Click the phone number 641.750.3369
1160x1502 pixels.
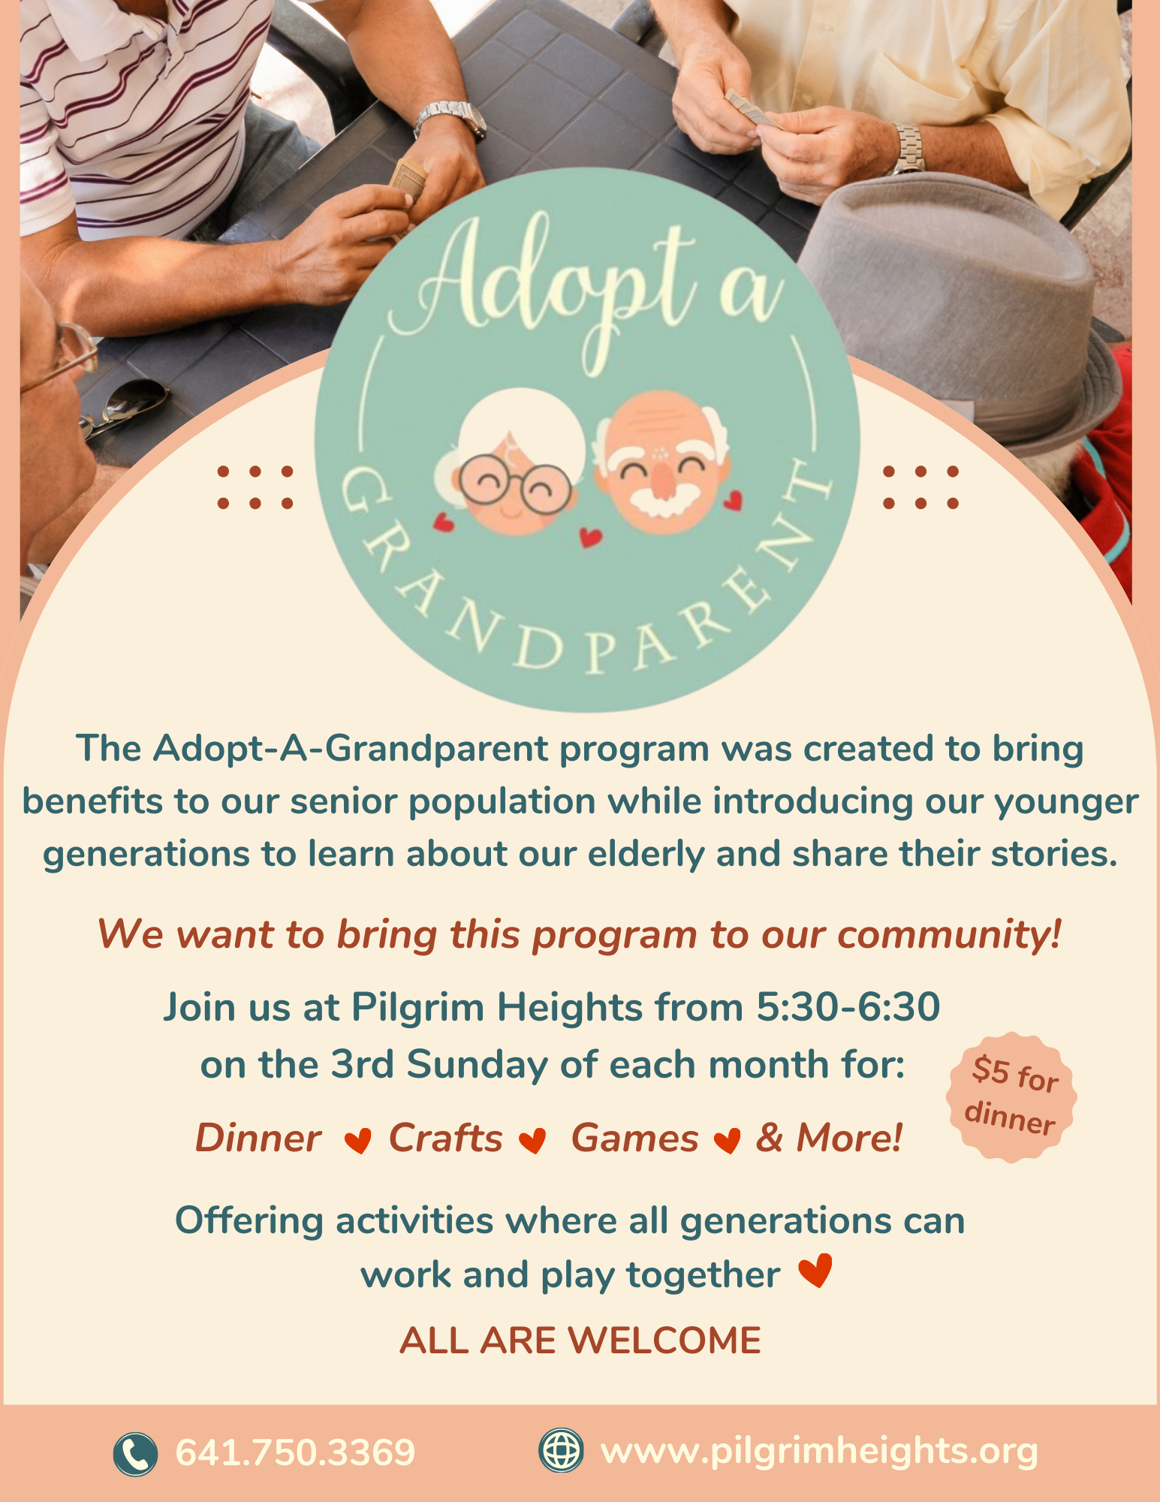click(295, 1452)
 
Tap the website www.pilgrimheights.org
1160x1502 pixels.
click(819, 1451)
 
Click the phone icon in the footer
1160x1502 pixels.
click(135, 1454)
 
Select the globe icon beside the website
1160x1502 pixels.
click(561, 1449)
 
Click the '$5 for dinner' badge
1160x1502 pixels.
click(1011, 1096)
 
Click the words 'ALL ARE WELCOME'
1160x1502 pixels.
click(580, 1341)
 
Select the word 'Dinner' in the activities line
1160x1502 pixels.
click(258, 1138)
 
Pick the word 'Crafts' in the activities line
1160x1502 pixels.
click(445, 1138)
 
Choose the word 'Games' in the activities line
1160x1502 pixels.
click(635, 1138)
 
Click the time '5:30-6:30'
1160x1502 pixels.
click(848, 1007)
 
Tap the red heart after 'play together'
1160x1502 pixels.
click(815, 1271)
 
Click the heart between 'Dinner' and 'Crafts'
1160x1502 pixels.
click(357, 1141)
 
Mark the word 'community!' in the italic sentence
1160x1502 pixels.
click(949, 936)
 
